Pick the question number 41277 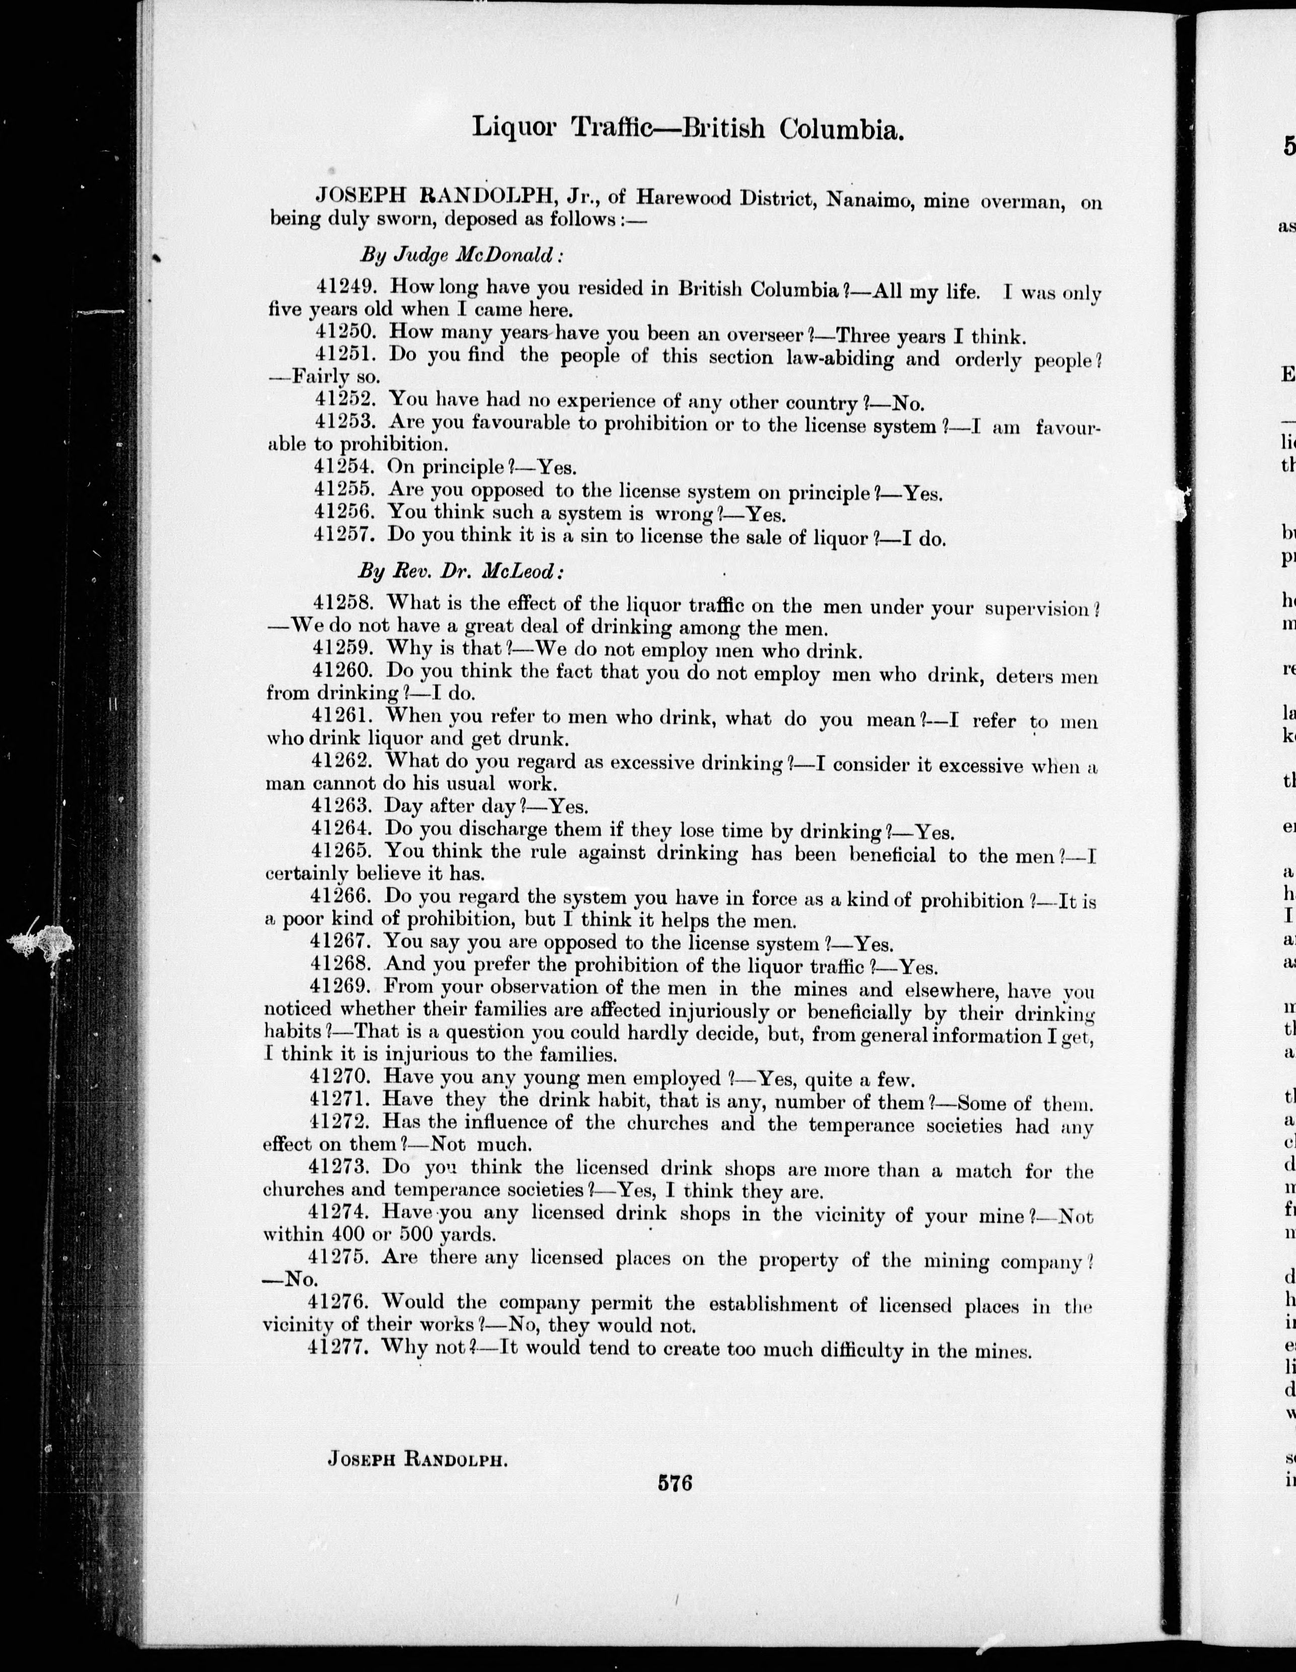coord(339,1347)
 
